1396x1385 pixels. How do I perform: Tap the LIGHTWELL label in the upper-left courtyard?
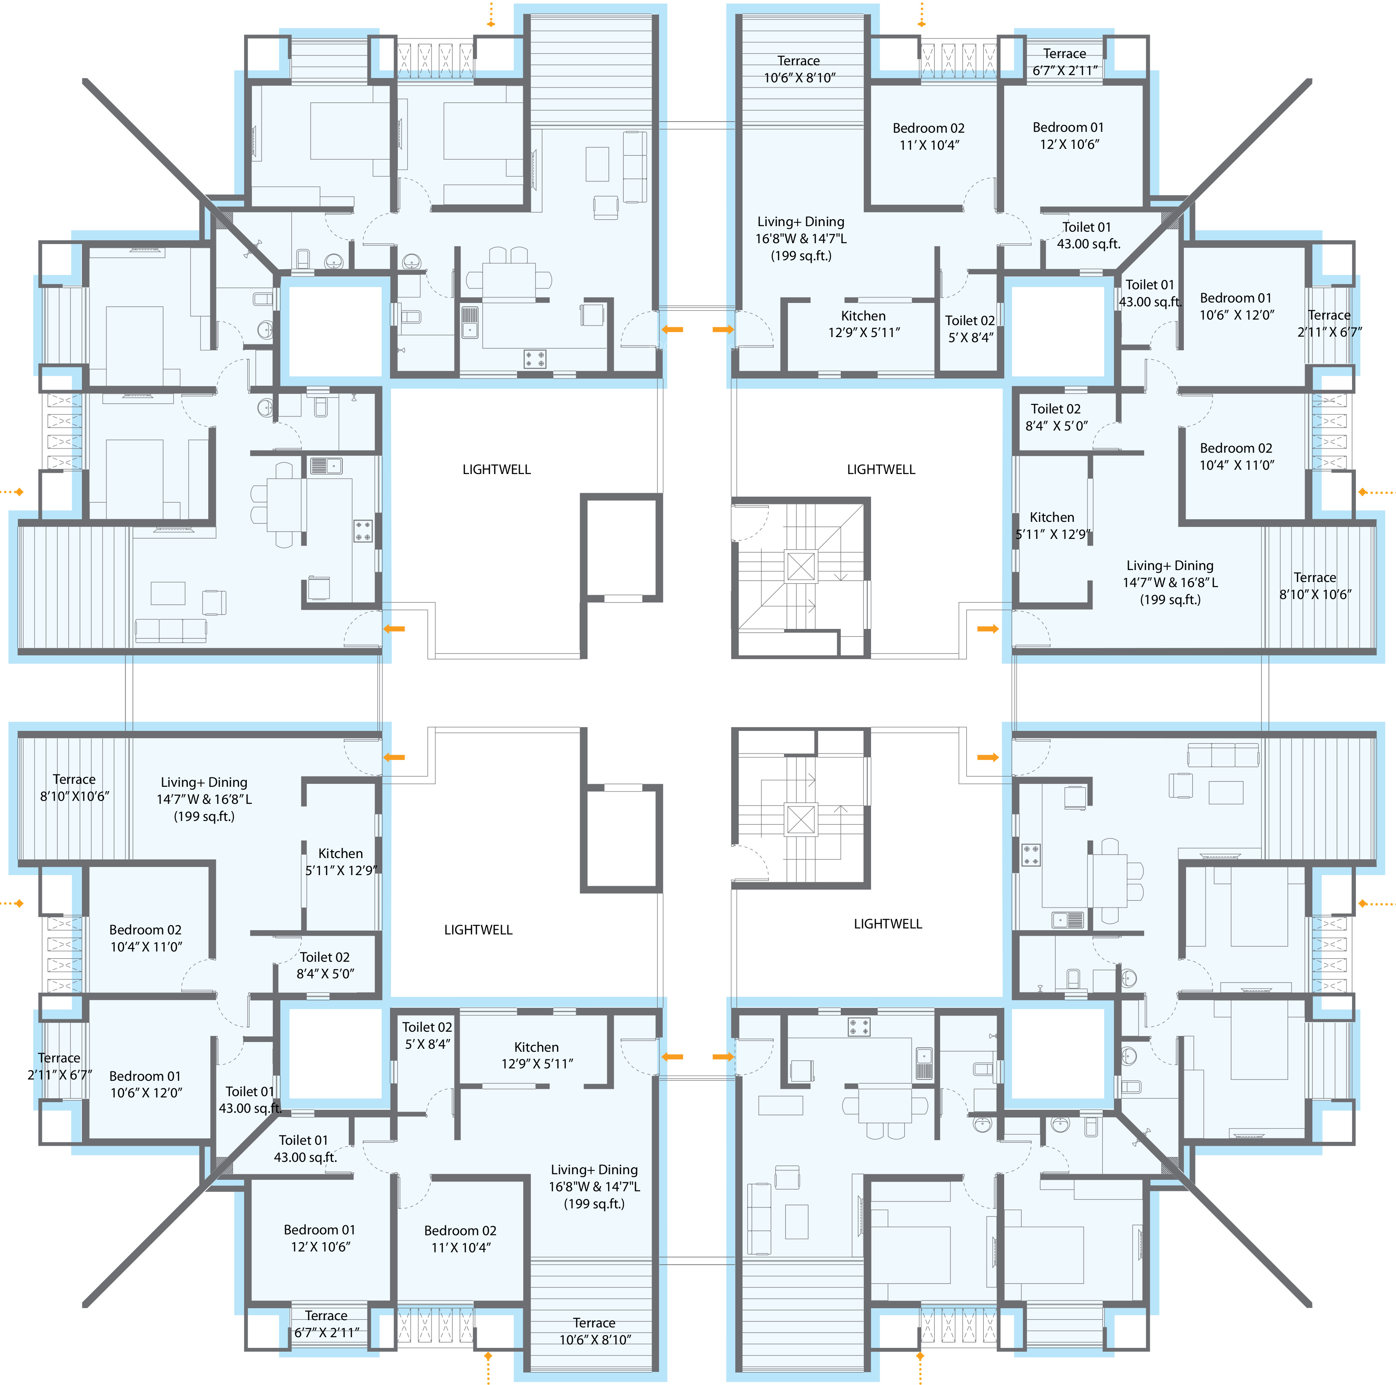tap(496, 470)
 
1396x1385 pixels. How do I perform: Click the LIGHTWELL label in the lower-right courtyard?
tap(888, 924)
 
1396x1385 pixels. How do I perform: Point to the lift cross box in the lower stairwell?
tap(801, 819)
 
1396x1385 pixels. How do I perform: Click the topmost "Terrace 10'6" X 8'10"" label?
tap(799, 70)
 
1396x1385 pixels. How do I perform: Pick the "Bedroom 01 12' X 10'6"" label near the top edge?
tap(1069, 136)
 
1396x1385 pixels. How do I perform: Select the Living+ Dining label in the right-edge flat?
tap(1170, 582)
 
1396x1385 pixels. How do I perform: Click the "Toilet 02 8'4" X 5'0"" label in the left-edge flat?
tap(325, 965)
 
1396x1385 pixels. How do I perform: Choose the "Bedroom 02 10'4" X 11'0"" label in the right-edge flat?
tap(1236, 457)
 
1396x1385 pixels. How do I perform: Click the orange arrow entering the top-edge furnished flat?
tap(673, 329)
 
